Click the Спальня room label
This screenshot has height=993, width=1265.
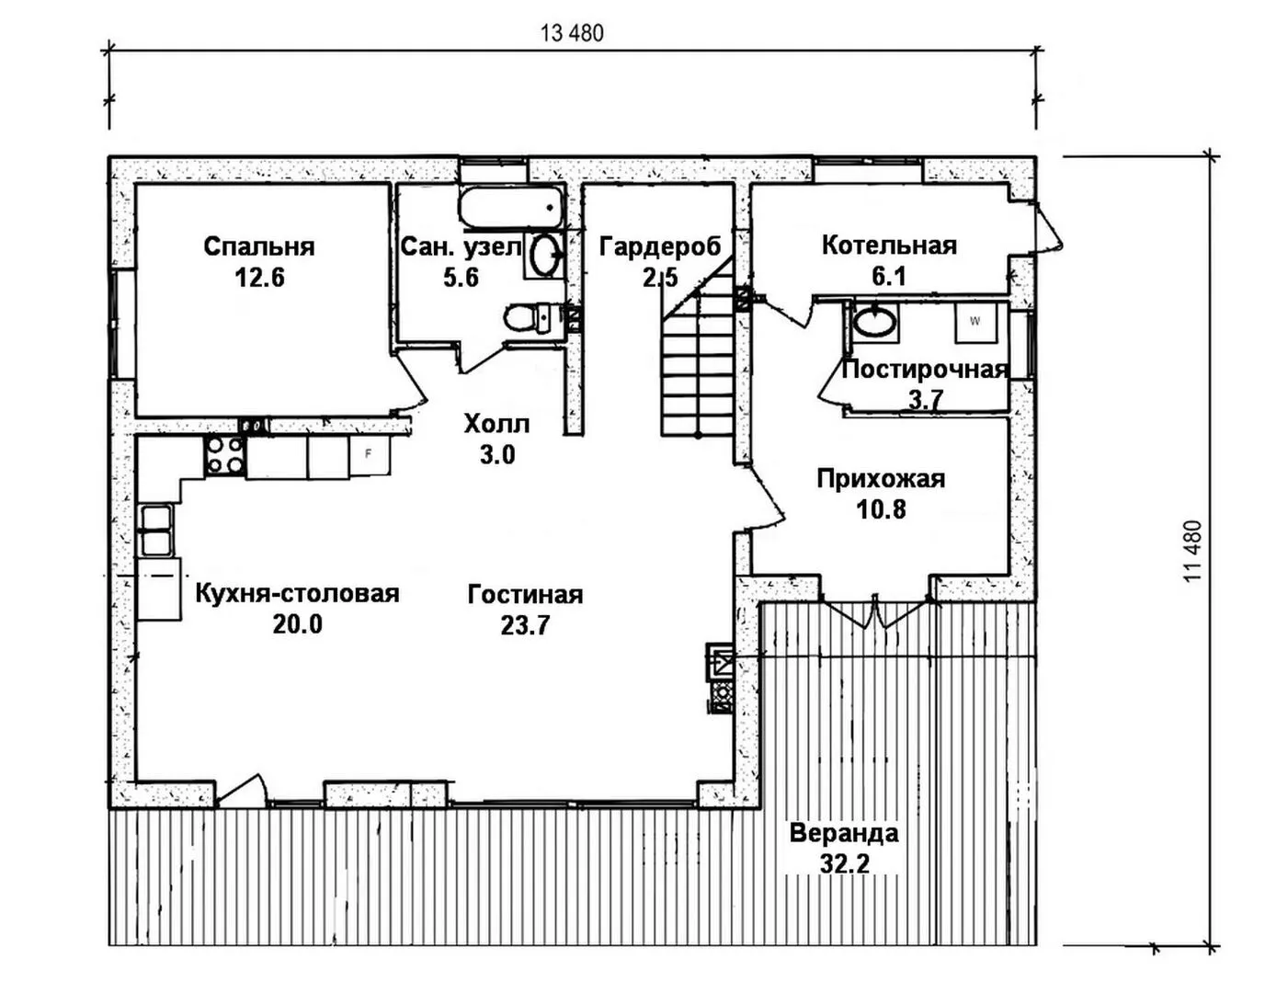pyautogui.click(x=258, y=246)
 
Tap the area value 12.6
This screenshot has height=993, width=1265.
pyautogui.click(x=258, y=277)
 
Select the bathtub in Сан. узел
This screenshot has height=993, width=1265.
pyautogui.click(x=511, y=209)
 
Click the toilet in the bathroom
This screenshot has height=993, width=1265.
pyautogui.click(x=523, y=318)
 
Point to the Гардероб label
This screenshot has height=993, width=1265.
pyautogui.click(x=659, y=246)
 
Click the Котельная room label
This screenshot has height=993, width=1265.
pyautogui.click(x=888, y=245)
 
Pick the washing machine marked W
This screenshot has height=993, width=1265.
pyautogui.click(x=974, y=322)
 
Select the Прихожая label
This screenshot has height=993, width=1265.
pyautogui.click(x=881, y=479)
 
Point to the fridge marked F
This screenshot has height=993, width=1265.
pyautogui.click(x=369, y=454)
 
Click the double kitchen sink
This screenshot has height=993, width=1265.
pyautogui.click(x=154, y=531)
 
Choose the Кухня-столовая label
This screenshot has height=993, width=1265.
pyautogui.click(x=297, y=593)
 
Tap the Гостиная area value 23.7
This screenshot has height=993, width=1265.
pyautogui.click(x=525, y=625)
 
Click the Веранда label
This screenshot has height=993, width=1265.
pyautogui.click(x=844, y=834)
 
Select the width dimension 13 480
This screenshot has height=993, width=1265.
pyautogui.click(x=572, y=34)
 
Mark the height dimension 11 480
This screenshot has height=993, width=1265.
pyautogui.click(x=1193, y=552)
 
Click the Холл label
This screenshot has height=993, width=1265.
pyautogui.click(x=496, y=424)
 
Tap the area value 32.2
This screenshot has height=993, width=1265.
pyautogui.click(x=844, y=863)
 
